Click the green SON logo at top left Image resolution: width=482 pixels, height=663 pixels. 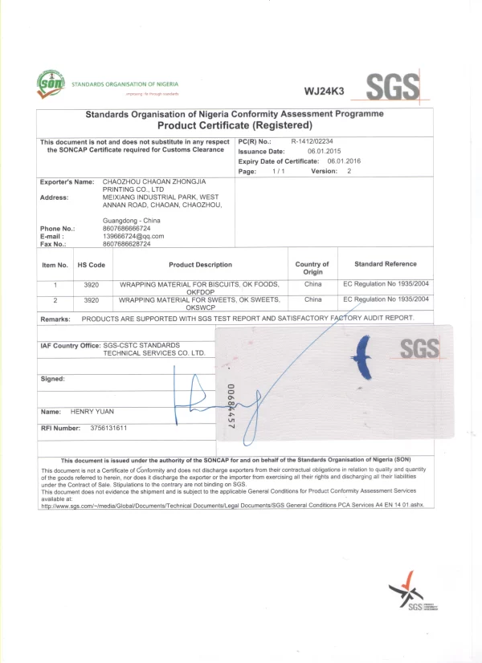coord(52,83)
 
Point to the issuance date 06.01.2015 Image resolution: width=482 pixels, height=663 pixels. coord(325,151)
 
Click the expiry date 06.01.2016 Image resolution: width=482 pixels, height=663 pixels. coord(344,161)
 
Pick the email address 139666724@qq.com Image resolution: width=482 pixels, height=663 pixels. coord(133,236)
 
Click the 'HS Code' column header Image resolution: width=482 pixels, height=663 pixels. coord(92,264)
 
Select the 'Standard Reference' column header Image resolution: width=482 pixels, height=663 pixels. coord(386,264)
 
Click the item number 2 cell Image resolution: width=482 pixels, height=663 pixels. coord(55,299)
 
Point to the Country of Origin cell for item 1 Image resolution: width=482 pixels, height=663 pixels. coord(312,284)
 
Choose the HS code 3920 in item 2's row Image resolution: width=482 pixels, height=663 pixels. coord(92,299)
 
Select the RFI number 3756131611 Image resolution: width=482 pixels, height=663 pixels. coord(109,428)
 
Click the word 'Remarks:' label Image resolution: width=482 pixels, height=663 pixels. coord(55,319)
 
